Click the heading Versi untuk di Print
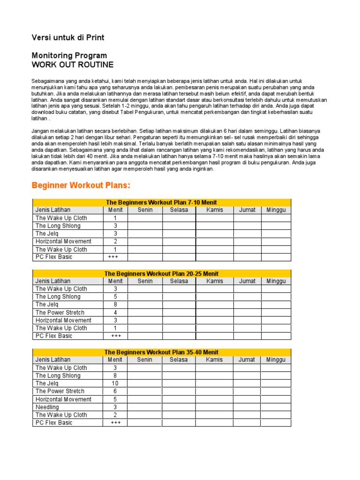click(67, 37)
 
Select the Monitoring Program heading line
click(69, 55)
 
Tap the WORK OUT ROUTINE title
click(72, 65)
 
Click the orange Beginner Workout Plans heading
click(81, 185)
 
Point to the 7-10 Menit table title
click(161, 202)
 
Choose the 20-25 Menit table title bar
click(161, 273)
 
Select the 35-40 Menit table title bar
click(161, 352)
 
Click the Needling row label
click(47, 407)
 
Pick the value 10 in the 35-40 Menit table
click(115, 383)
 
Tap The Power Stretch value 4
click(115, 312)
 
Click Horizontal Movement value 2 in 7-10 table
click(115, 241)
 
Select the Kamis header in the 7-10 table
click(215, 210)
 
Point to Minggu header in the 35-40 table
click(276, 360)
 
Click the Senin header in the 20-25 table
click(145, 281)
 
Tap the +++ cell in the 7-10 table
click(115, 257)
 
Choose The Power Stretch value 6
click(115, 391)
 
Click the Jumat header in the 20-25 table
click(247, 281)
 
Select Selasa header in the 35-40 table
click(179, 360)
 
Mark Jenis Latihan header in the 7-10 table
click(54, 210)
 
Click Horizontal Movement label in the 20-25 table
click(63, 320)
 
